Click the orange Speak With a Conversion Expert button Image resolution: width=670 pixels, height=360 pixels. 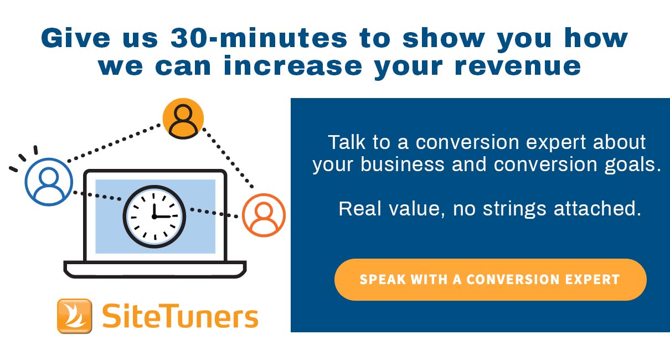pos(491,280)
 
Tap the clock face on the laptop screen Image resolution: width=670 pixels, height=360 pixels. pos(154,217)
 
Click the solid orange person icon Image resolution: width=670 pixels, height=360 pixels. pos(183,119)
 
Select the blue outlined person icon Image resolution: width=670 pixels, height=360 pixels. pos(49,182)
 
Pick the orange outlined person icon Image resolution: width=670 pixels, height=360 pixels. pos(264,215)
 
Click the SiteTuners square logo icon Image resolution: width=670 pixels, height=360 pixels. pos(75,316)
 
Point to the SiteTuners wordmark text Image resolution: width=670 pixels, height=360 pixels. pos(180,316)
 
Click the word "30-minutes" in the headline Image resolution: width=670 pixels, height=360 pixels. pos(259,38)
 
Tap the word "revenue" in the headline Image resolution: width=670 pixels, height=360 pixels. pos(518,66)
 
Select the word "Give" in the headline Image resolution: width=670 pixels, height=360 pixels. pos(76,38)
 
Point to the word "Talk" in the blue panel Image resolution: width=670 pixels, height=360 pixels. pos(347,142)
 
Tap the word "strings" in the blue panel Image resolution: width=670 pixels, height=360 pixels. pos(514,209)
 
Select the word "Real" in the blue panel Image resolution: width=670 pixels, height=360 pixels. pos(360,208)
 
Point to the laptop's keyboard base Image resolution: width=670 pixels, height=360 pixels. pos(155,269)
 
